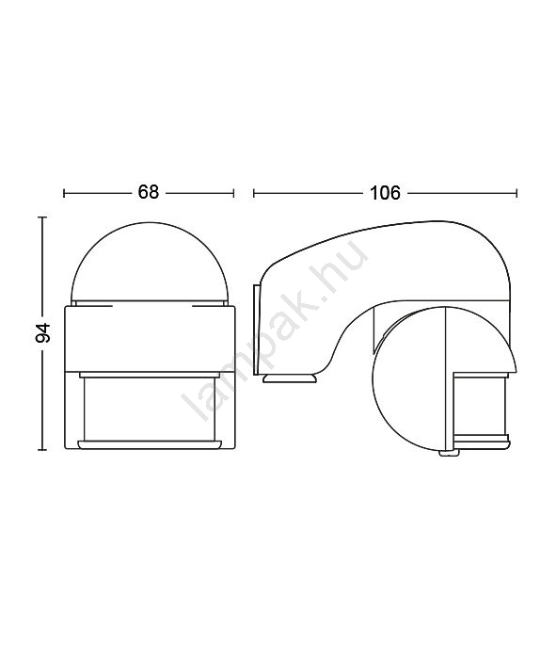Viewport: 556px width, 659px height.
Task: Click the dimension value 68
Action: click(149, 192)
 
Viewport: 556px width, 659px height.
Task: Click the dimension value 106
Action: click(385, 193)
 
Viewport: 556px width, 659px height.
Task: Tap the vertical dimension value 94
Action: click(43, 333)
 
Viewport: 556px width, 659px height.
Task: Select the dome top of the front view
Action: click(149, 263)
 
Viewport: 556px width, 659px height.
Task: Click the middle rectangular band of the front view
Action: click(150, 339)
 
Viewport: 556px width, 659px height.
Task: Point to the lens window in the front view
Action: click(150, 409)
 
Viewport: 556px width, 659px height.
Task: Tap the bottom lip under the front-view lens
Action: click(150, 445)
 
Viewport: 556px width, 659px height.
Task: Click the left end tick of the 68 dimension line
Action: click(64, 193)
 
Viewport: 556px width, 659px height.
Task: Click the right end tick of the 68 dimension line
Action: click(233, 193)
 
